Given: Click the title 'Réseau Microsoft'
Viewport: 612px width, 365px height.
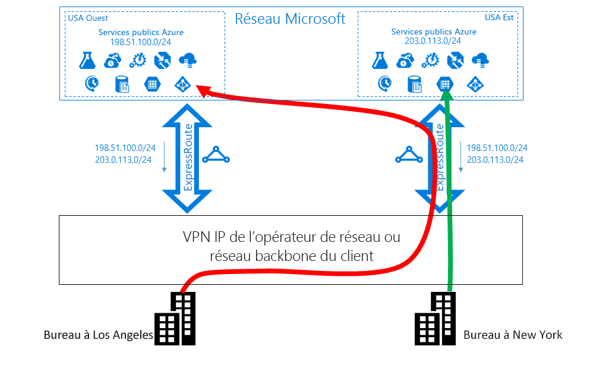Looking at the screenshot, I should (290, 18).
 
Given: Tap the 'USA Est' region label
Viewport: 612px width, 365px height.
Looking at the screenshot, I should (499, 17).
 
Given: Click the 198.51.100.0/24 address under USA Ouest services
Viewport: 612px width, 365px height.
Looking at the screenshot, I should (141, 42).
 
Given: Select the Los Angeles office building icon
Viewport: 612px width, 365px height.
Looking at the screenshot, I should (175, 319).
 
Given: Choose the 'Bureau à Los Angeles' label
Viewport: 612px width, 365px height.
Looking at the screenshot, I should (98, 335).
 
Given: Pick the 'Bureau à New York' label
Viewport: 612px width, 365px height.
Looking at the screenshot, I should (513, 335).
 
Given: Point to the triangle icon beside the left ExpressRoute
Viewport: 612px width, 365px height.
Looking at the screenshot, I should (216, 156).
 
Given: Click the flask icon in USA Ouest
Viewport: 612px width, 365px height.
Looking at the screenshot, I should (87, 60).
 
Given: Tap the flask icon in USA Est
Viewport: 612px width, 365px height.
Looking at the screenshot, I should (380, 60).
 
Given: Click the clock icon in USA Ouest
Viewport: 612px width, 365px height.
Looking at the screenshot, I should (92, 84).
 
